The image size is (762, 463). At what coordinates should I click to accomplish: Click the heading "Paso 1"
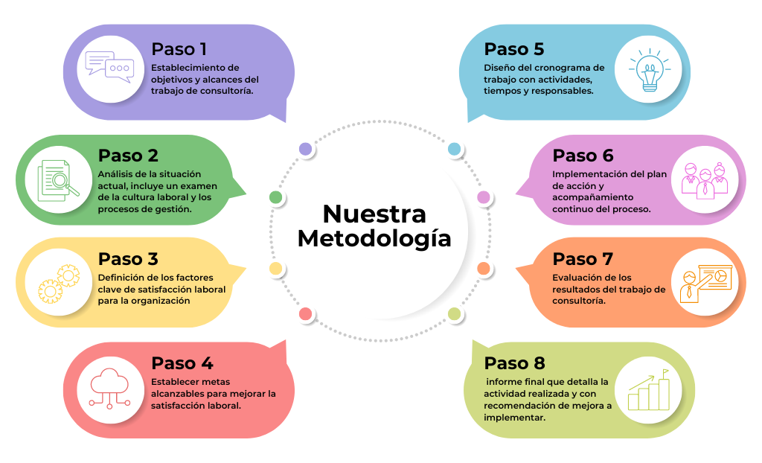179,49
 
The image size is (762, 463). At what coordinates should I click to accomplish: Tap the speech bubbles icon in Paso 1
110,68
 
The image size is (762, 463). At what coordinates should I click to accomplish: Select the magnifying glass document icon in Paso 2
58,180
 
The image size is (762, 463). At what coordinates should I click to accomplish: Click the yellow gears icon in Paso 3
59,284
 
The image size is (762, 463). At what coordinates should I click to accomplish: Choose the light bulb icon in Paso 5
650,70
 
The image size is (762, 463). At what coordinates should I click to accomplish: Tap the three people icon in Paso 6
705,180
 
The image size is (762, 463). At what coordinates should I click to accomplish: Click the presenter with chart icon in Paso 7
705,284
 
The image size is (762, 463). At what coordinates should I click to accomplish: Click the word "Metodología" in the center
374,238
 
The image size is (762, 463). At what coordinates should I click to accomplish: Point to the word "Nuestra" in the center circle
374,214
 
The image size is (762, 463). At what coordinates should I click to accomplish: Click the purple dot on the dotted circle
305,149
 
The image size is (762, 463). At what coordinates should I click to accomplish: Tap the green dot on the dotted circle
275,197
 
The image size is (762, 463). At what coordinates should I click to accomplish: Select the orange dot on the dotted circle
483,268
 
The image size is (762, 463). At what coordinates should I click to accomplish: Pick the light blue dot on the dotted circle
455,149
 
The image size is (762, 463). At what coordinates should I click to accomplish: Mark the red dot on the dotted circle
305,313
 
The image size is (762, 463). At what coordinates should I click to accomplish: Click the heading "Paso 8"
514,363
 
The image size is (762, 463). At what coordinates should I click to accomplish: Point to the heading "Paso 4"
182,363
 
